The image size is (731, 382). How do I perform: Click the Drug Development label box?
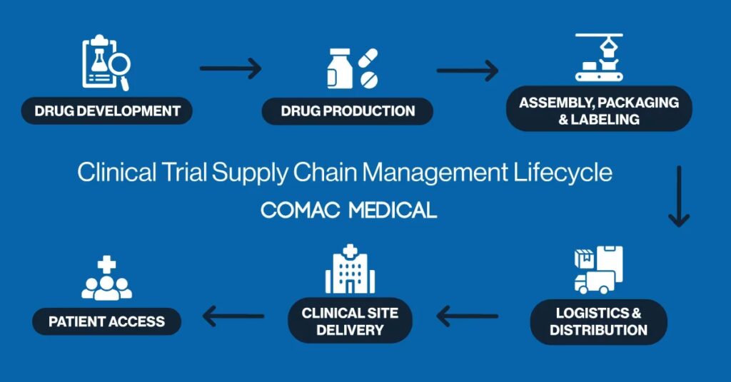coord(107,111)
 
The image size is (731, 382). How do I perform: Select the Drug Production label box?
coord(347,111)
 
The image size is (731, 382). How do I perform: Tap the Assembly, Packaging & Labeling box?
coord(599,110)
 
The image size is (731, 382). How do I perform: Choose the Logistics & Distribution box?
coord(598,321)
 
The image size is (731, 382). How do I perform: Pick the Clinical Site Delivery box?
coord(350,321)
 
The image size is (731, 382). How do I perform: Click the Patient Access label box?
coord(106,321)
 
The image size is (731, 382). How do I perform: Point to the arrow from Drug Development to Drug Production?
coord(231,69)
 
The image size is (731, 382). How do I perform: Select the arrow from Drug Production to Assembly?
coord(467,70)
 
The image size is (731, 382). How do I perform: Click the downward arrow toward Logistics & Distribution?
coord(678,197)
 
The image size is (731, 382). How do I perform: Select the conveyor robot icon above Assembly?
coord(599,57)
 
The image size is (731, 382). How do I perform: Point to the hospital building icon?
coord(350,270)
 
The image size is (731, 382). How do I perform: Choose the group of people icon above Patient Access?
coord(107,280)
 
